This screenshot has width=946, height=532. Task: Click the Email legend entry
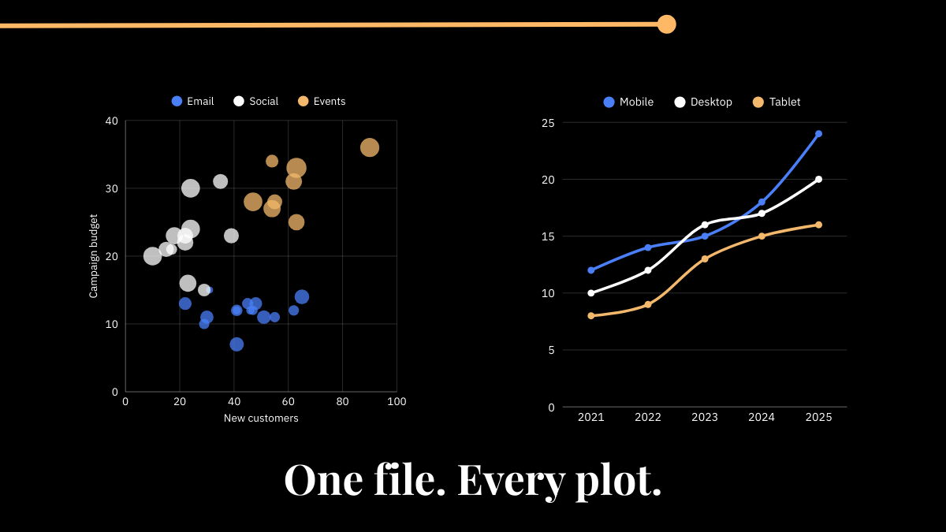coord(193,101)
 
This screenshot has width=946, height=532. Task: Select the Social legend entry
coord(256,101)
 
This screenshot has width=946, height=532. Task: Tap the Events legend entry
coord(322,101)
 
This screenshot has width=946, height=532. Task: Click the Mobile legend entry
coord(628,102)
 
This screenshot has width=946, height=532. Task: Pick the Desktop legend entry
coord(703,102)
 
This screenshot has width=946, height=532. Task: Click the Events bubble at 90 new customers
coord(370,147)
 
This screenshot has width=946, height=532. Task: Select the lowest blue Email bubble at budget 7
coord(236,344)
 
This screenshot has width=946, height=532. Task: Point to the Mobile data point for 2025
coord(818,134)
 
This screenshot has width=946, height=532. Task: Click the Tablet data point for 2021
coord(591,315)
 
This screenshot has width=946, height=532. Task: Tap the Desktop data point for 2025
coord(818,180)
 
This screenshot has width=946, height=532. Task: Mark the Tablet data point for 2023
coord(705,259)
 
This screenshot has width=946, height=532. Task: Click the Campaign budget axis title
coord(94,256)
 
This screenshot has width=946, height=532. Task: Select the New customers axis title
coord(261,419)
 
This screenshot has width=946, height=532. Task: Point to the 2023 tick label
coord(705,418)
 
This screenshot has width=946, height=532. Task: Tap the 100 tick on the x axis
coord(397,401)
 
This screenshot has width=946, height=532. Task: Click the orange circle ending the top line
coord(666,24)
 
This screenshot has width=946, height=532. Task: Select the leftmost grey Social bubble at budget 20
coord(153,256)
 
